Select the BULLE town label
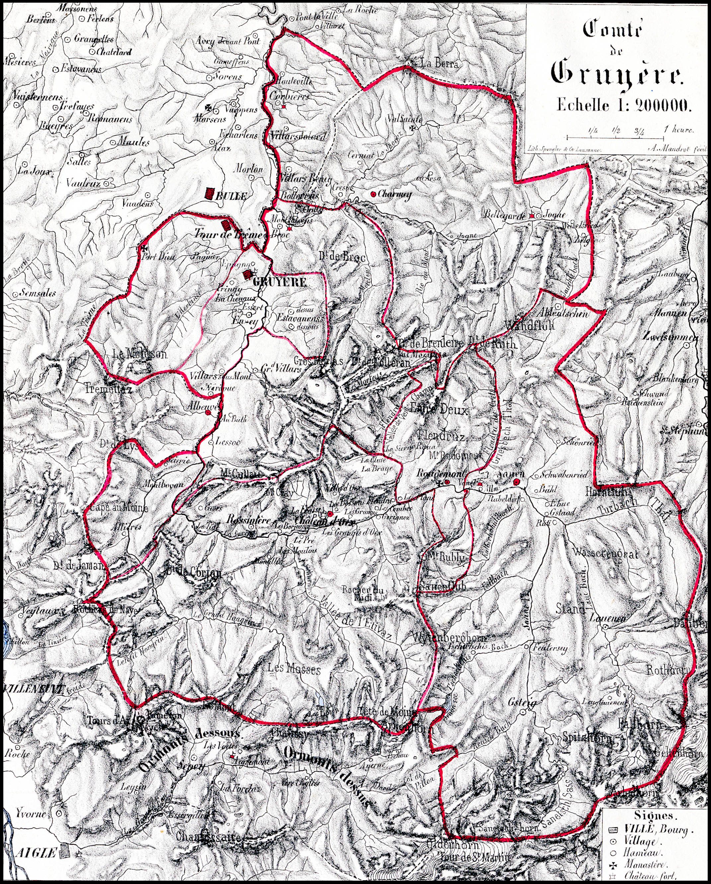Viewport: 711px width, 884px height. pyautogui.click(x=231, y=196)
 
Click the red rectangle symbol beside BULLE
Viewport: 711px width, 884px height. pyautogui.click(x=210, y=193)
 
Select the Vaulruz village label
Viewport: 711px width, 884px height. pyautogui.click(x=83, y=184)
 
